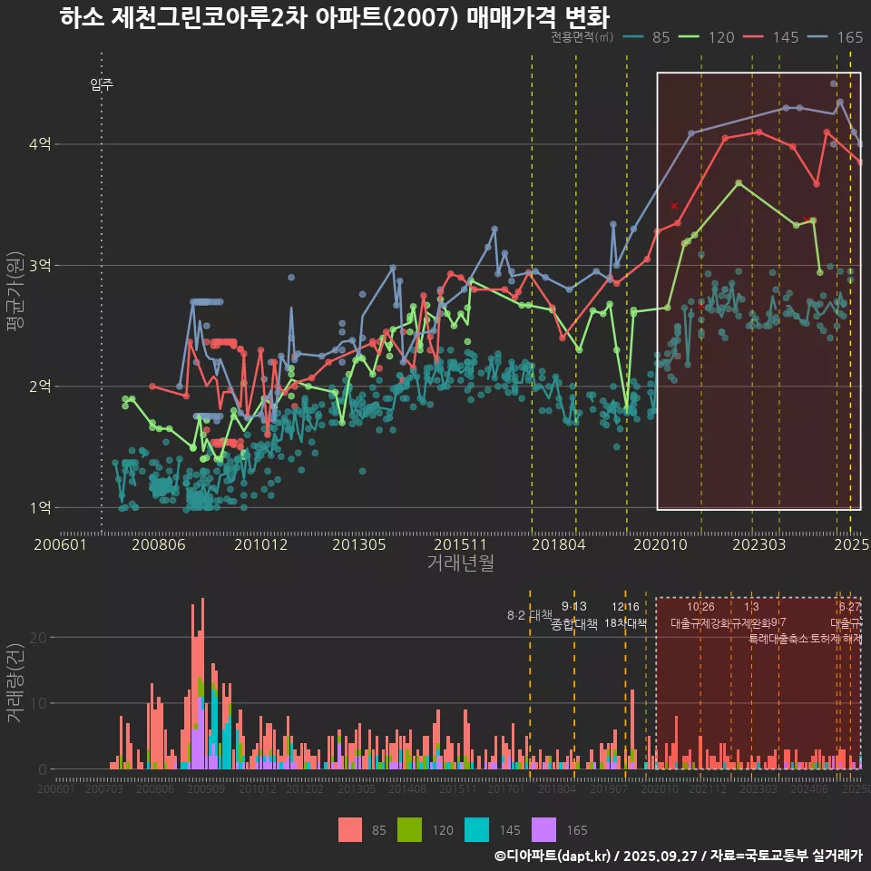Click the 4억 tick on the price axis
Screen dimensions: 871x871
tap(39, 144)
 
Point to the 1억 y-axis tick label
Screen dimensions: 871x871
tap(39, 507)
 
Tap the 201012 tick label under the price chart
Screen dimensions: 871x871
tap(260, 544)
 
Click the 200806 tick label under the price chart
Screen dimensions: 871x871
tap(160, 544)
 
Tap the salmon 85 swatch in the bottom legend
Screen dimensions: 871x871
tap(349, 829)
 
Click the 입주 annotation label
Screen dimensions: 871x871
tap(102, 85)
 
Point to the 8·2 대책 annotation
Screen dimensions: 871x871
tap(529, 615)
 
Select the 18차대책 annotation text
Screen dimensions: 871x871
tap(625, 623)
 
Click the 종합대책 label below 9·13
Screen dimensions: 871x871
tap(574, 624)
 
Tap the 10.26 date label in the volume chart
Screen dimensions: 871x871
tap(700, 606)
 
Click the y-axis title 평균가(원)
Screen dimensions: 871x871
tap(15, 295)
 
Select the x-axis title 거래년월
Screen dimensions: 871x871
tap(460, 563)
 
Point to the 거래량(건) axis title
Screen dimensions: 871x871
tap(15, 683)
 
